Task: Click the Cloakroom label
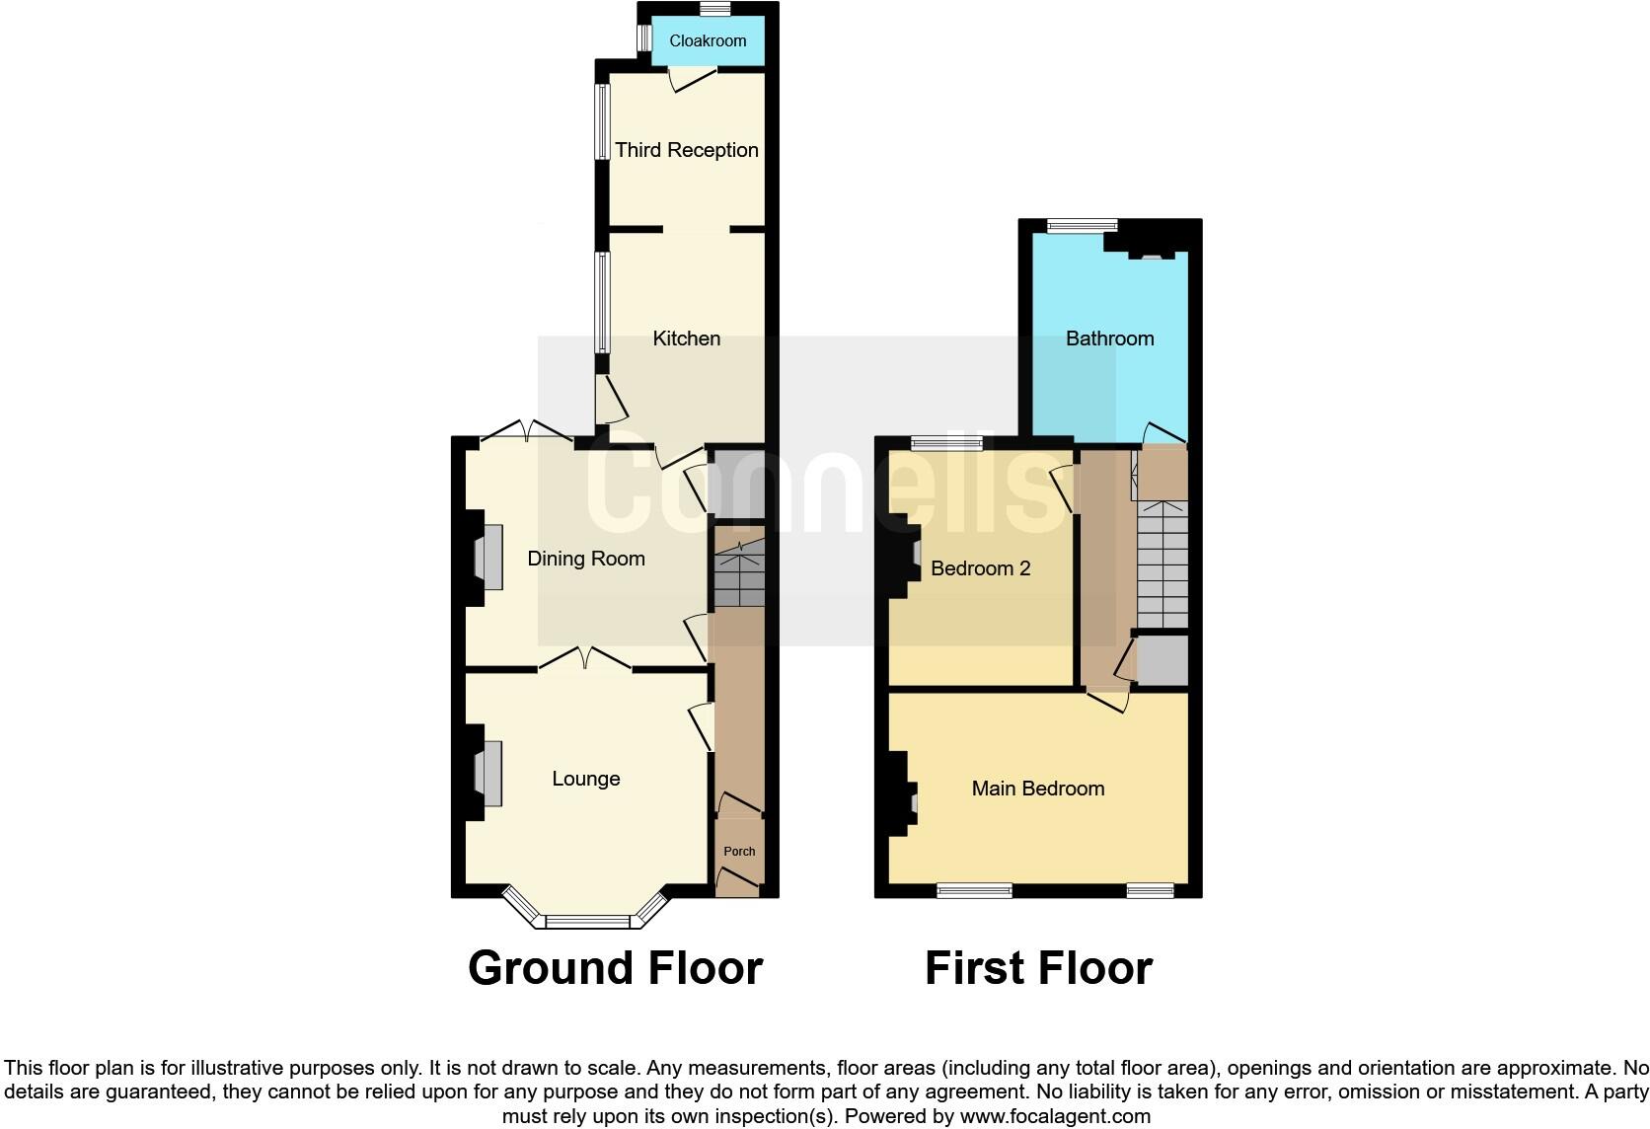click(708, 40)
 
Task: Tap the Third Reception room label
click(687, 150)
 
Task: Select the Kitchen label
click(687, 339)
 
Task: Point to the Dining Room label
click(586, 559)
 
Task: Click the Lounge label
click(586, 779)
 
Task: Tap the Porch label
click(739, 851)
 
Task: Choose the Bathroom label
click(1109, 339)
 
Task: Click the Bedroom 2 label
click(980, 568)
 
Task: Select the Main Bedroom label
click(1037, 789)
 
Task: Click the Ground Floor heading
click(615, 968)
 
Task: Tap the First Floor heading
click(1038, 968)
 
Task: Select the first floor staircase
click(1162, 563)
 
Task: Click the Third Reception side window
click(600, 121)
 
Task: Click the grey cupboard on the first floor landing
click(1162, 660)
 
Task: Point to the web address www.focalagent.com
click(1055, 1116)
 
